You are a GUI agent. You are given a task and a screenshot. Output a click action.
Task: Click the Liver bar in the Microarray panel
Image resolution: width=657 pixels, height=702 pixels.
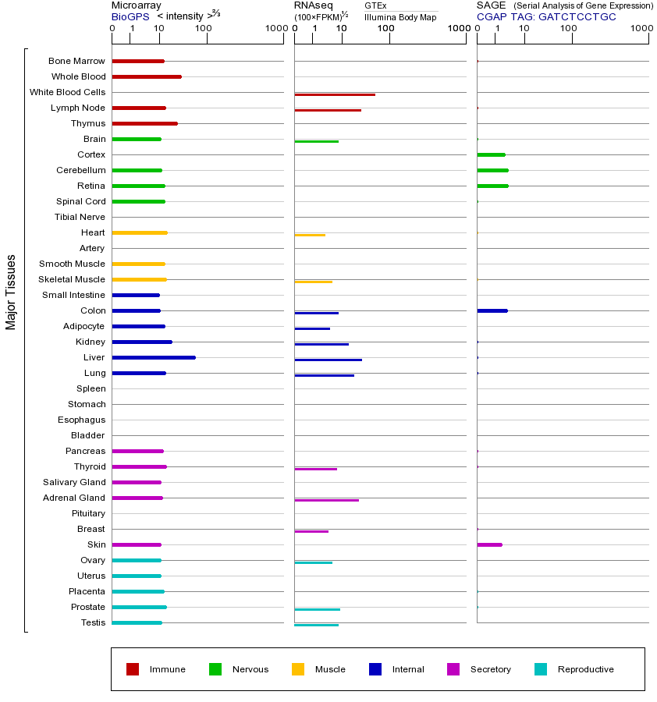[x=154, y=357]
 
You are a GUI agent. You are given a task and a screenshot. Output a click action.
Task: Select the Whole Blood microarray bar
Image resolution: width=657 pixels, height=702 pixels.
[x=147, y=76]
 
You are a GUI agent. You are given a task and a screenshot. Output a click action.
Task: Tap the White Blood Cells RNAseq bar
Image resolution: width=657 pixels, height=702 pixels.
[x=335, y=94]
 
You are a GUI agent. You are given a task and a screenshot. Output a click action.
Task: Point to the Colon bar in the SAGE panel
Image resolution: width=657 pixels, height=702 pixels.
[x=492, y=310]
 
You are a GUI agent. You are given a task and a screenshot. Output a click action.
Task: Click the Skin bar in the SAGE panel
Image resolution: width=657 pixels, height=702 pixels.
[x=489, y=544]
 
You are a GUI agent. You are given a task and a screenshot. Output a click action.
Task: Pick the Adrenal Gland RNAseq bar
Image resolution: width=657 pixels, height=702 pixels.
[x=326, y=500]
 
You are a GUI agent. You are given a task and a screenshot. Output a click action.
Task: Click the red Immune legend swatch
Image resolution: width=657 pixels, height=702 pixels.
[x=133, y=669]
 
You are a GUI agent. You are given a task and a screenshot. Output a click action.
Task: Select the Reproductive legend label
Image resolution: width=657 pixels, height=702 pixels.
[x=585, y=669]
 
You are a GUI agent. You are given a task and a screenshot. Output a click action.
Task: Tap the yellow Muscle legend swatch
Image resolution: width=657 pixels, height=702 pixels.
[x=298, y=669]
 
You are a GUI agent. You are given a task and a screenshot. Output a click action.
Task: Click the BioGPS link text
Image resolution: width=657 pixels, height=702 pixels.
[x=130, y=16]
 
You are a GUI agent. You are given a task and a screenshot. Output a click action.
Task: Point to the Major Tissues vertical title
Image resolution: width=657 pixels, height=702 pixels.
[x=11, y=291]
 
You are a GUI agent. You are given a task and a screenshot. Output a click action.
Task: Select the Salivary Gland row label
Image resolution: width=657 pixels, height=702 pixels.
[x=74, y=482]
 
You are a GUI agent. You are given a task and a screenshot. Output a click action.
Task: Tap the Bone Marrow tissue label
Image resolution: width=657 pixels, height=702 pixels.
[x=76, y=61]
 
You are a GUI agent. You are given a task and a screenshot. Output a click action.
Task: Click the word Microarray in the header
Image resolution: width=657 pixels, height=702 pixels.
[x=136, y=5]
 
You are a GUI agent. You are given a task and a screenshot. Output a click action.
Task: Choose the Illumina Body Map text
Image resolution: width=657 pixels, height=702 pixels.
[x=400, y=17]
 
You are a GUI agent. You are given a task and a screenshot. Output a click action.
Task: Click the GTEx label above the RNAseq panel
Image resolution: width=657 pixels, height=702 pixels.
[x=375, y=5]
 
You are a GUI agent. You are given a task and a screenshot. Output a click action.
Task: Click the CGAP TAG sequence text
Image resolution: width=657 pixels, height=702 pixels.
[x=546, y=16]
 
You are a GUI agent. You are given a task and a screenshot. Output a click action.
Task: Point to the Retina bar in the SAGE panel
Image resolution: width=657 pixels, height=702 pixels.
[x=492, y=186]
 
